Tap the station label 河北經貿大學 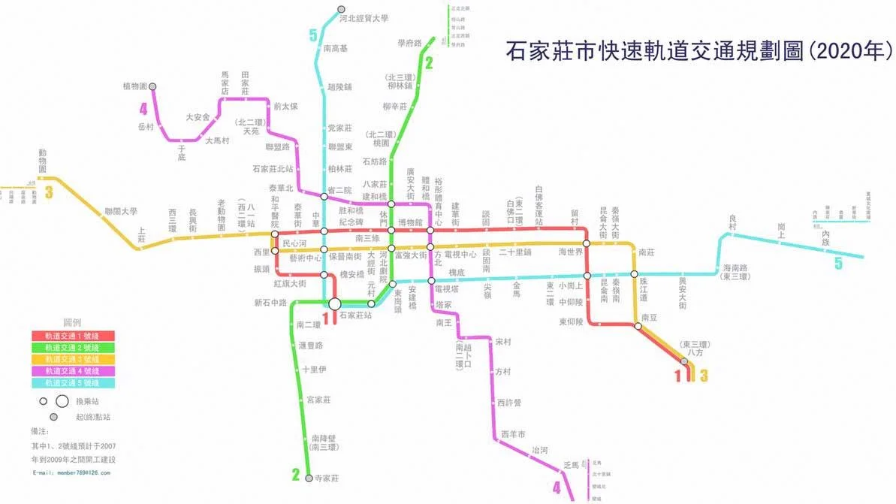[x=364, y=18]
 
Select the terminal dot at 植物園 [x=153, y=86]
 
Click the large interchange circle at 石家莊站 [x=335, y=303]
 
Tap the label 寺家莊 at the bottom [x=327, y=478]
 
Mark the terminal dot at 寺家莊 [x=309, y=478]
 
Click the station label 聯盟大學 [x=121, y=212]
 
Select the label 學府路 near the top [x=410, y=44]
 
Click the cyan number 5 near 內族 [x=838, y=264]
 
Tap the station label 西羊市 [x=513, y=435]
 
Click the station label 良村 [x=734, y=222]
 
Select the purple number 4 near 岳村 [x=142, y=108]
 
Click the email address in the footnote [x=71, y=472]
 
